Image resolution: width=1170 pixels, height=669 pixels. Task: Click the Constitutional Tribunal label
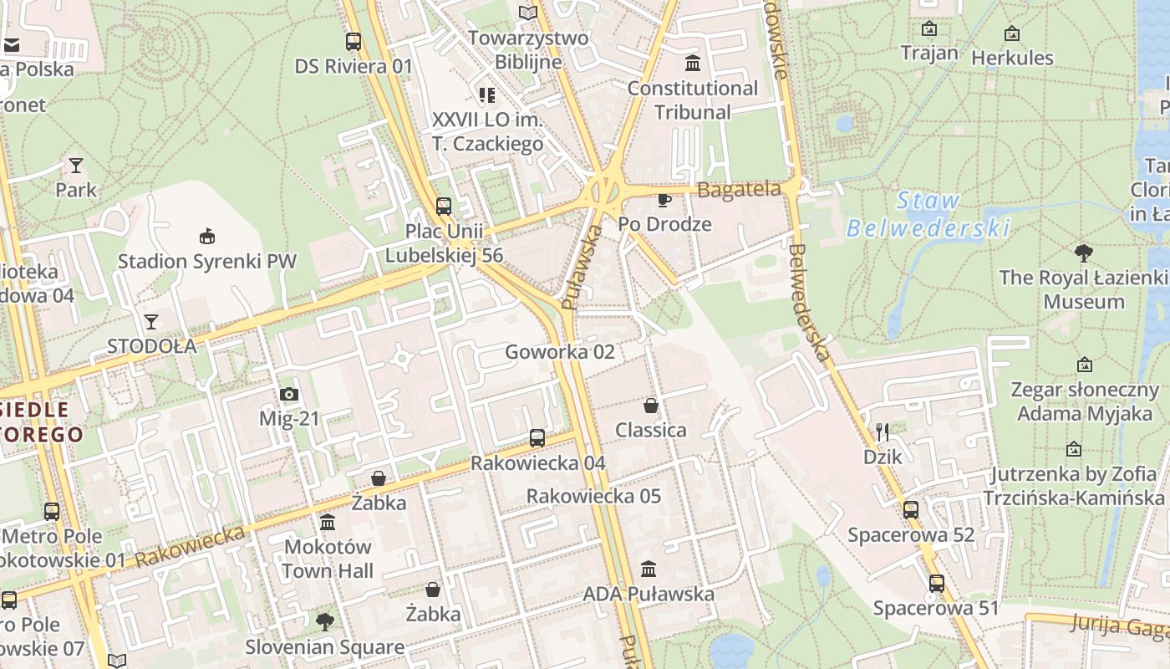click(x=693, y=100)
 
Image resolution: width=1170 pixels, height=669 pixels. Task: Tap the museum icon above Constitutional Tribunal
click(x=693, y=63)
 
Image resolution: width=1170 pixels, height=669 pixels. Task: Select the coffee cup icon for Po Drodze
click(x=664, y=199)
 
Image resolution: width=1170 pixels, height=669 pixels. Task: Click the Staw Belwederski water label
click(x=928, y=214)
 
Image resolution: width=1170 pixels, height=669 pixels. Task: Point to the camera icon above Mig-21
click(x=289, y=394)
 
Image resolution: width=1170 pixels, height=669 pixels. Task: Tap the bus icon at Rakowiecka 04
click(x=537, y=437)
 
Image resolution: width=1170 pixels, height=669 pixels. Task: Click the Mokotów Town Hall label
click(x=328, y=559)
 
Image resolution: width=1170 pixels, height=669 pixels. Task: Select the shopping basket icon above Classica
click(x=651, y=406)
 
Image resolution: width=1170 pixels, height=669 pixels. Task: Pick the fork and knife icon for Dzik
click(x=883, y=432)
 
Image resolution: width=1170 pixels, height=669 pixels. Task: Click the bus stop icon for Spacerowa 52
click(x=911, y=509)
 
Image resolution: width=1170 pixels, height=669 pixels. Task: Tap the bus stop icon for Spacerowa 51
click(x=937, y=583)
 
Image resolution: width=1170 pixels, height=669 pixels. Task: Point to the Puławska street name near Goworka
click(x=582, y=268)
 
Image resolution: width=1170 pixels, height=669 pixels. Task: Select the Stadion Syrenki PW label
click(x=206, y=261)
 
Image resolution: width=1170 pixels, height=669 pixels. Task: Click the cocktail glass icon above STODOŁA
click(x=151, y=321)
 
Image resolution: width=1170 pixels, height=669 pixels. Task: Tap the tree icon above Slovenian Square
click(x=324, y=621)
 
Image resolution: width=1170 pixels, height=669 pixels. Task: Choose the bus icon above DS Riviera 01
click(x=354, y=41)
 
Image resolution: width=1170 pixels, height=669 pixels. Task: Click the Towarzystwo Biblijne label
click(x=528, y=49)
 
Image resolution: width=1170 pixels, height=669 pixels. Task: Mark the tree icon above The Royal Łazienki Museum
click(x=1084, y=253)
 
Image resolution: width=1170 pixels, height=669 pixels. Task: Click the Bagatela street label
click(x=739, y=190)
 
